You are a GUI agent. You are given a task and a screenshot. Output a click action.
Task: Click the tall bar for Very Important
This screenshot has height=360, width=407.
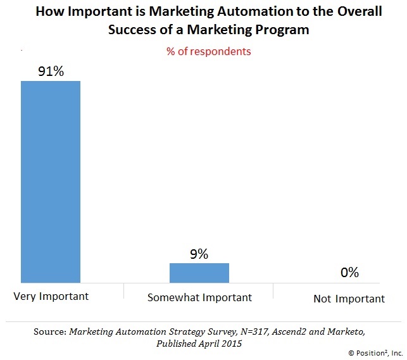coord(51,181)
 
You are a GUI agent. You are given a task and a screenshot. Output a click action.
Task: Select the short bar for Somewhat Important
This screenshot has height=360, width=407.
coord(199,272)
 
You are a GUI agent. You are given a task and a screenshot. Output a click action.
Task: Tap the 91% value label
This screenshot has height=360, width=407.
coord(51,71)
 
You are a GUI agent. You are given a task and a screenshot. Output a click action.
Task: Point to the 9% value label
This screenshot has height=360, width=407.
coord(199,254)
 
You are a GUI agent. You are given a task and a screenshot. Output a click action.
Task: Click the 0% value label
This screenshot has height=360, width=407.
coord(349,273)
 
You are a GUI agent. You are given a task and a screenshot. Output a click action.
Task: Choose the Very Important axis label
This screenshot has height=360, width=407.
coord(50,296)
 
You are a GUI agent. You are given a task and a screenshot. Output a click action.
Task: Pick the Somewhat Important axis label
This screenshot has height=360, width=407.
coord(199,297)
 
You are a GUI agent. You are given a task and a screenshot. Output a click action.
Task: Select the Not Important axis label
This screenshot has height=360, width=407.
coord(349,298)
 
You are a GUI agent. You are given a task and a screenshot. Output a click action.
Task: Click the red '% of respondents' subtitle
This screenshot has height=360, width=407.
coord(208,51)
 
